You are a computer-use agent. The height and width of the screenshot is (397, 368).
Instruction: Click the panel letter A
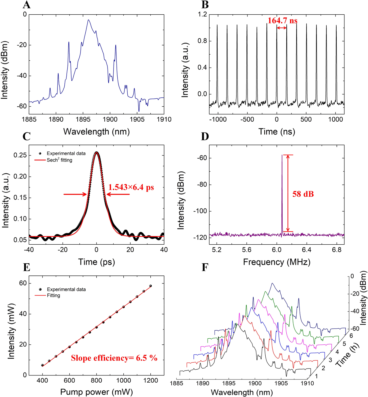[x=27, y=5]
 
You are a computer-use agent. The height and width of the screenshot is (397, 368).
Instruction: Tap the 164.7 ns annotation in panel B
[x=282, y=21]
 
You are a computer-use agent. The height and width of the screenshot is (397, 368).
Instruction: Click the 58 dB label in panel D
[x=303, y=194]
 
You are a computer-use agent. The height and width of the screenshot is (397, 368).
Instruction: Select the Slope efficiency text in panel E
[x=114, y=358]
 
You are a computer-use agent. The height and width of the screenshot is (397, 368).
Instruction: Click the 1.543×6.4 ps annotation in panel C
[x=131, y=187]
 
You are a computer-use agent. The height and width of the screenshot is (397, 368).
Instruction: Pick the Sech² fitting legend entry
[x=59, y=160]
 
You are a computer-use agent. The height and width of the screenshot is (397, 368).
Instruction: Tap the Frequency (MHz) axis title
[x=277, y=262]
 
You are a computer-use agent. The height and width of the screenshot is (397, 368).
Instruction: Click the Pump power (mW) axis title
[x=96, y=392]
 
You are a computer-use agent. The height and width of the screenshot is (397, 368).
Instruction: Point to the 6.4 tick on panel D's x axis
[x=306, y=250]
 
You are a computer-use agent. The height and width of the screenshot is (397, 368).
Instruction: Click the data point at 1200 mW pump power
[x=150, y=286]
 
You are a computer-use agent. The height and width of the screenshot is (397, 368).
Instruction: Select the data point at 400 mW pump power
[x=42, y=365]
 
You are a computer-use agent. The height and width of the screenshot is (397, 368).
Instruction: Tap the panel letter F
[x=205, y=268]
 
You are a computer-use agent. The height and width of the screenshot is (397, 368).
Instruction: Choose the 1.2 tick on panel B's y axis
[x=202, y=14]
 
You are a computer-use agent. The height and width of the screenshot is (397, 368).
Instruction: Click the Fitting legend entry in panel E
[x=53, y=296]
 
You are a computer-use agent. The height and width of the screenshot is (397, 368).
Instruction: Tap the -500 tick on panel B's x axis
[x=247, y=119]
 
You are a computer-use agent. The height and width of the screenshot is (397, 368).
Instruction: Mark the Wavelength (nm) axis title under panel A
[x=96, y=132]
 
